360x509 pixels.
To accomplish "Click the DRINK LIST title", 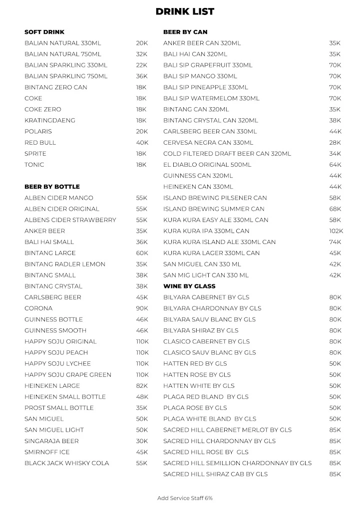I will (x=185, y=11).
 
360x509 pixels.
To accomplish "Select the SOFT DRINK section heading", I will (x=44, y=32).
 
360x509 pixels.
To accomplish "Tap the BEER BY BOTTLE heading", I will (x=52, y=187).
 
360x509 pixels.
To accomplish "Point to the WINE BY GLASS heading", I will (x=189, y=286).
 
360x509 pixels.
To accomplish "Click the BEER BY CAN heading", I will (x=185, y=32).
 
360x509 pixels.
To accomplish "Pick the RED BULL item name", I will (x=40, y=143).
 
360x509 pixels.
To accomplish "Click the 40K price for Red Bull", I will (x=142, y=143).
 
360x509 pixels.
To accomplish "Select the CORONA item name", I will (x=38, y=308).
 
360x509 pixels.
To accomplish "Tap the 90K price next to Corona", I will (x=142, y=308).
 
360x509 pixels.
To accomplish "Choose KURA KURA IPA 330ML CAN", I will (x=206, y=231).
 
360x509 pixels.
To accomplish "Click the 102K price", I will (x=336, y=231).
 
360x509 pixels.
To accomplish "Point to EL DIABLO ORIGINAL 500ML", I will (x=207, y=165).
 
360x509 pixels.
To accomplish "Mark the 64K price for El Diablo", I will (x=335, y=165).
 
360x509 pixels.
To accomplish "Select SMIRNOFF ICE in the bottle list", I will (x=47, y=452).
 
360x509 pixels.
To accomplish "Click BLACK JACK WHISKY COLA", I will (x=67, y=463).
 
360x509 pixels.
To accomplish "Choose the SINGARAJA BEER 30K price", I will (x=142, y=441).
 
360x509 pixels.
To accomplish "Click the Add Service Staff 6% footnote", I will (x=185, y=498).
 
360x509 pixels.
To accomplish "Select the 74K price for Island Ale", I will (x=335, y=242).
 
